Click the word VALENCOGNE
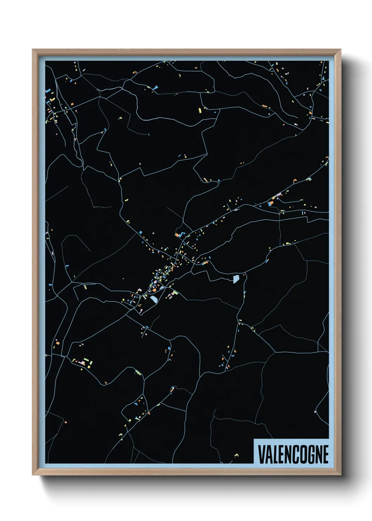(x=293, y=454)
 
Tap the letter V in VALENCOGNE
(x=262, y=454)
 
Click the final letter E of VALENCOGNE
(x=325, y=454)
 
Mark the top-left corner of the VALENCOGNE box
(x=254, y=439)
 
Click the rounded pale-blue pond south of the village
(x=154, y=299)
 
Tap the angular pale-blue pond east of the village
(x=236, y=279)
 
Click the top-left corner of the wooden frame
(x=33, y=50)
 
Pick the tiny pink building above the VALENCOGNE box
(x=315, y=411)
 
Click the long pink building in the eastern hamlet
(x=279, y=194)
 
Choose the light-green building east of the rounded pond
(x=175, y=292)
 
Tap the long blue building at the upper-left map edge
(x=48, y=90)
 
